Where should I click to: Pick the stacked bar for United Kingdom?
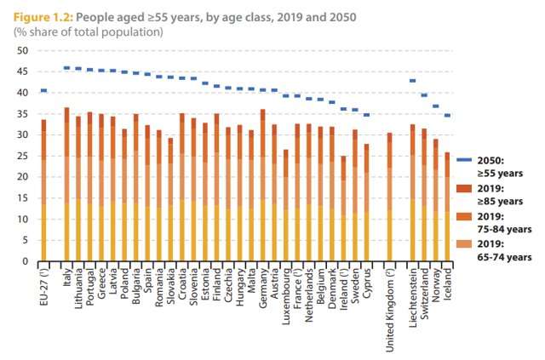(390, 197)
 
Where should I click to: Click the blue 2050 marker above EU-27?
(43, 90)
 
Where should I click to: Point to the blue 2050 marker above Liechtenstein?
(413, 81)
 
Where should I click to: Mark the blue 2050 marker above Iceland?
(448, 115)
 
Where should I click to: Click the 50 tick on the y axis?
(23, 50)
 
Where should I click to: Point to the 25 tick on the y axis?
(23, 156)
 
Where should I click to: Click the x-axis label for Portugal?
(89, 288)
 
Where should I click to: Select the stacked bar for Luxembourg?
(285, 205)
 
